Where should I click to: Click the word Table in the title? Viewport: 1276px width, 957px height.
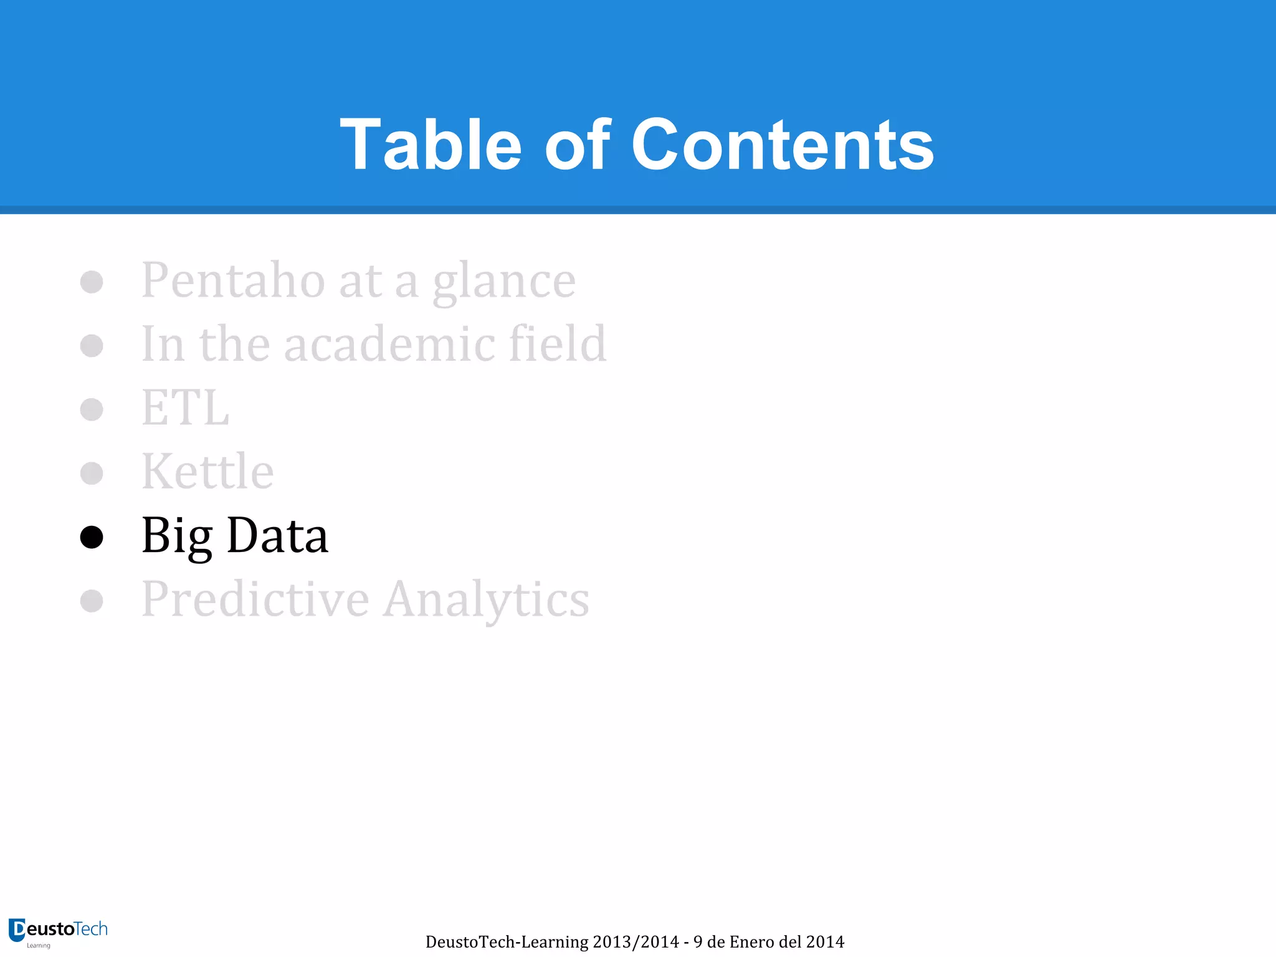(431, 145)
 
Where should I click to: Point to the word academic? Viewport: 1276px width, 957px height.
(389, 344)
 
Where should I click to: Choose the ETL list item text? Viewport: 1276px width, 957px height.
(186, 408)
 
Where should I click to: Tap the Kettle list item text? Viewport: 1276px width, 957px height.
(207, 472)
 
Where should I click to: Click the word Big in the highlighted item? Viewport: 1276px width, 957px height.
(177, 536)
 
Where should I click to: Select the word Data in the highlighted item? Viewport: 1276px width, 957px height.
(277, 535)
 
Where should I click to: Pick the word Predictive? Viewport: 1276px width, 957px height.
(255, 599)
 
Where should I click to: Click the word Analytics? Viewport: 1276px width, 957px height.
(486, 600)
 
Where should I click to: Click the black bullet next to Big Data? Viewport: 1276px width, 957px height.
(92, 537)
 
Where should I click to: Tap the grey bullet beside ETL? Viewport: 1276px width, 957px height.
(92, 409)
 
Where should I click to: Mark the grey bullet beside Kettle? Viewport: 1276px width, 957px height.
(92, 473)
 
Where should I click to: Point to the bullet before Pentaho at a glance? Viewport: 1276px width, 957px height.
(92, 282)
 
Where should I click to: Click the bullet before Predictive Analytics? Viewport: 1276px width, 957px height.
(92, 601)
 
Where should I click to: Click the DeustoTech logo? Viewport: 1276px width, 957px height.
(58, 932)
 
